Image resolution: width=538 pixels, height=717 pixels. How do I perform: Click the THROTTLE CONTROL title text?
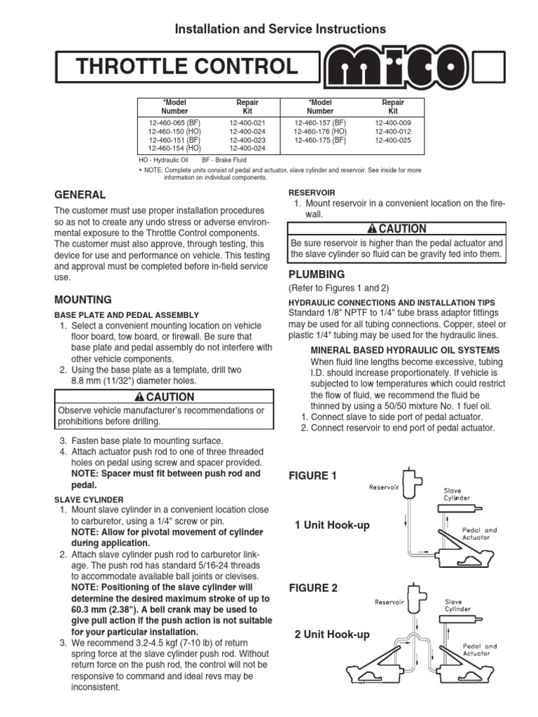click(187, 67)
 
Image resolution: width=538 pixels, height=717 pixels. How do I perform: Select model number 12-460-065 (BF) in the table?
click(174, 121)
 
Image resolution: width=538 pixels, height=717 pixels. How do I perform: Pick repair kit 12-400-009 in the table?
click(392, 121)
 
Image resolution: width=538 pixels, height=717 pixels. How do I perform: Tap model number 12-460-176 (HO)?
click(320, 131)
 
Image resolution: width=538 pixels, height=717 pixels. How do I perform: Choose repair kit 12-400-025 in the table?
click(392, 140)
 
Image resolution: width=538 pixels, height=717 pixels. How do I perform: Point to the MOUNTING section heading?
click(83, 299)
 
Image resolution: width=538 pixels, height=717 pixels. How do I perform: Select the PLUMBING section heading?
click(316, 274)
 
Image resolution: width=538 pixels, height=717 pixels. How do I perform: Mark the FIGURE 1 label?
click(313, 476)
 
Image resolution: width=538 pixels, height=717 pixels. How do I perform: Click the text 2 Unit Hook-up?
click(332, 634)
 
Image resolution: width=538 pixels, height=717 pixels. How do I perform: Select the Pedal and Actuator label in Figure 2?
click(480, 650)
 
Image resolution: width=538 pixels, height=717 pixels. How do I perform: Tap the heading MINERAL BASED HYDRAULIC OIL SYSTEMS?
click(405, 349)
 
